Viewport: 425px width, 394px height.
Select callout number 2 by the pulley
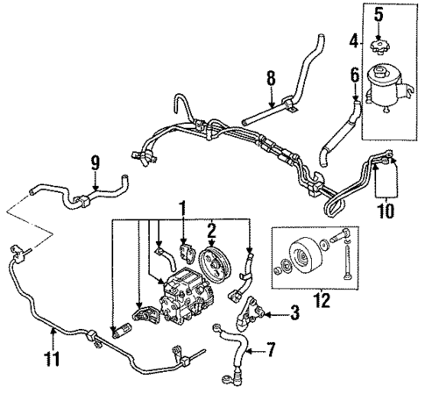point(210,231)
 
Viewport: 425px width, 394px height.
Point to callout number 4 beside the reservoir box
point(354,39)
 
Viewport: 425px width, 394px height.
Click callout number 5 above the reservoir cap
point(379,14)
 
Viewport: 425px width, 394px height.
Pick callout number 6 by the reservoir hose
point(355,75)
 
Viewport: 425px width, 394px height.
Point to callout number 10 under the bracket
point(385,210)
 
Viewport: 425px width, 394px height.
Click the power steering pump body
point(180,295)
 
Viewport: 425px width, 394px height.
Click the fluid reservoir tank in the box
point(385,81)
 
